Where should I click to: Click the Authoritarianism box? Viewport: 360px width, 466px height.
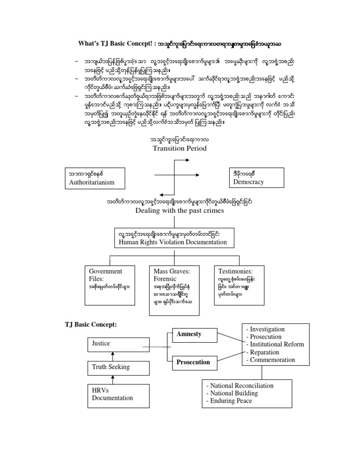(x=95, y=178)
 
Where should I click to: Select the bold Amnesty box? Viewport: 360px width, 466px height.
(x=189, y=335)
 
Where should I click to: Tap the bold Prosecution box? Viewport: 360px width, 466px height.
(x=193, y=362)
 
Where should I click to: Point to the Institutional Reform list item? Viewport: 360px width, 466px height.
(x=276, y=344)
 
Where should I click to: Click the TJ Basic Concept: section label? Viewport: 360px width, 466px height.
(x=90, y=324)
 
